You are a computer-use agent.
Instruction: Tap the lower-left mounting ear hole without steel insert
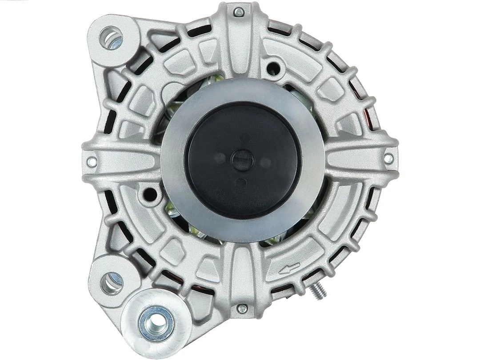point(111,282)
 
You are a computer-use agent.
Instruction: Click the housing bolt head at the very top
point(239,12)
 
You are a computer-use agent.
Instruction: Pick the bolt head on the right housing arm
point(388,158)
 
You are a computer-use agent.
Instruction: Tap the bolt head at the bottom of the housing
point(242,308)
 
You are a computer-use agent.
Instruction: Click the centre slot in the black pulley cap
point(243,160)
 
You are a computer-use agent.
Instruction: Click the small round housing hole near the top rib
point(274,68)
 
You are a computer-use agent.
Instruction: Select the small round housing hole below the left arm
point(151,194)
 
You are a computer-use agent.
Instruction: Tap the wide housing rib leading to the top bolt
point(240,49)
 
